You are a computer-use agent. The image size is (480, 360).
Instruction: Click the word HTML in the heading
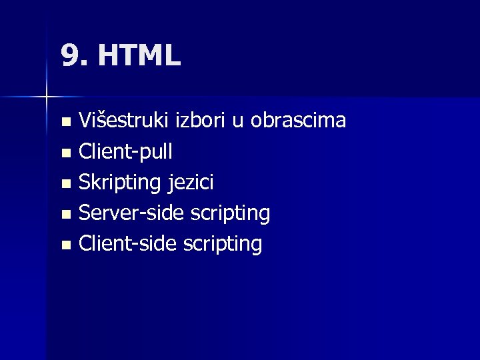(139, 56)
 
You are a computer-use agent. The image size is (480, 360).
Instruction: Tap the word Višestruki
(124, 121)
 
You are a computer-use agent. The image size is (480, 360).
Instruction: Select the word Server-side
(132, 213)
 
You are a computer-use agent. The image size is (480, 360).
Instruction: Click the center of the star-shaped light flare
(46, 97)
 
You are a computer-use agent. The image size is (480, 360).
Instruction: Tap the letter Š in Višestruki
(97, 121)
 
